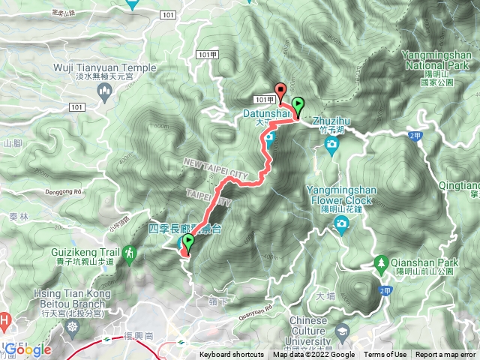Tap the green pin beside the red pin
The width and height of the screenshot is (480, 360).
tap(298, 106)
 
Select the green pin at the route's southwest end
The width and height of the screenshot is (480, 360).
tap(187, 242)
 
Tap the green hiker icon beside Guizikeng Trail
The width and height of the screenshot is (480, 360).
tap(129, 256)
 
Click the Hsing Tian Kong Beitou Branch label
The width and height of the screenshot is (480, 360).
tap(53, 296)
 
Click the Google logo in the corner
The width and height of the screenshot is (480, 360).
tap(27, 349)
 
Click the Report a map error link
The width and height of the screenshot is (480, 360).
tap(446, 355)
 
